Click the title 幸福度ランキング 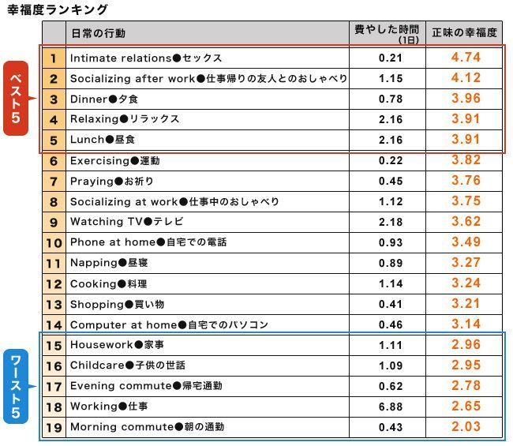56,9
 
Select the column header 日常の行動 98,34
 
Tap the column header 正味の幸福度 465,33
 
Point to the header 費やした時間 388,31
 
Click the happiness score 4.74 466,58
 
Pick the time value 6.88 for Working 390,407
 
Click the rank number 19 53,427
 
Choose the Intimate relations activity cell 146,58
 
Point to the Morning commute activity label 147,427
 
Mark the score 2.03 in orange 466,427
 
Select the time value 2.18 390,222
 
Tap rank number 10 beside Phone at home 53,243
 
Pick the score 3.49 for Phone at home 466,242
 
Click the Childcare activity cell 139,365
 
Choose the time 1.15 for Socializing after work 390,79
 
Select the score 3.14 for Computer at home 466,324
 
